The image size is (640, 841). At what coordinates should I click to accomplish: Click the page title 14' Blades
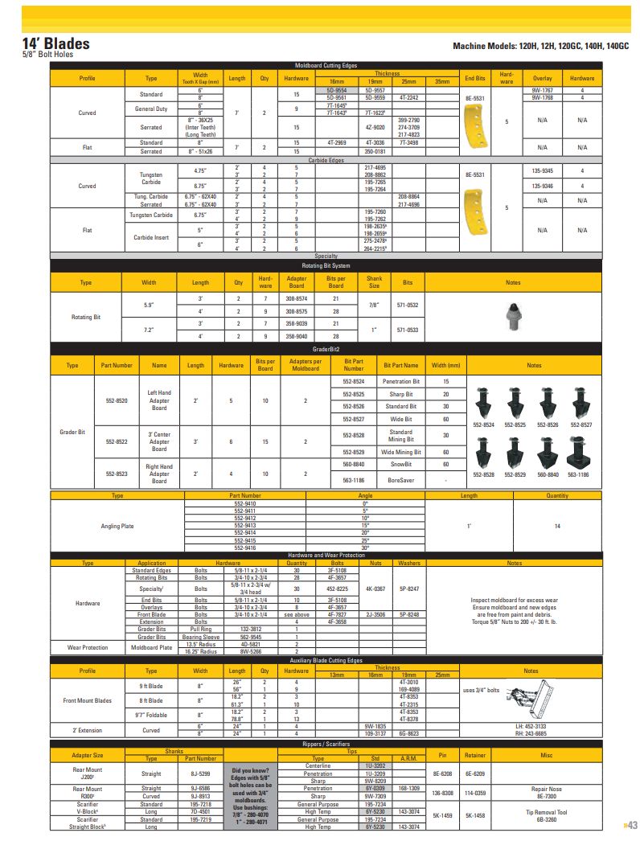(x=55, y=43)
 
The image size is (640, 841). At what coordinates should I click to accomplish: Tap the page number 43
(x=630, y=825)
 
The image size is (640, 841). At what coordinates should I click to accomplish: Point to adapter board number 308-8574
(x=297, y=299)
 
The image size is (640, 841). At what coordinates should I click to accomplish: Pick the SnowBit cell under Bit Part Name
(x=400, y=464)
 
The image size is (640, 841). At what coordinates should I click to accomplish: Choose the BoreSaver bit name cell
(x=400, y=480)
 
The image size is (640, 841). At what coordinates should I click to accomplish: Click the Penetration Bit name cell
(x=400, y=381)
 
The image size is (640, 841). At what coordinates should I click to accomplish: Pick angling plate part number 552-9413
(x=245, y=525)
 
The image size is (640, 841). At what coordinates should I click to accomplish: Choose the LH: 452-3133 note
(x=531, y=726)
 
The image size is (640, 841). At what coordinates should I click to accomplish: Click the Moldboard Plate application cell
(x=151, y=646)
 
